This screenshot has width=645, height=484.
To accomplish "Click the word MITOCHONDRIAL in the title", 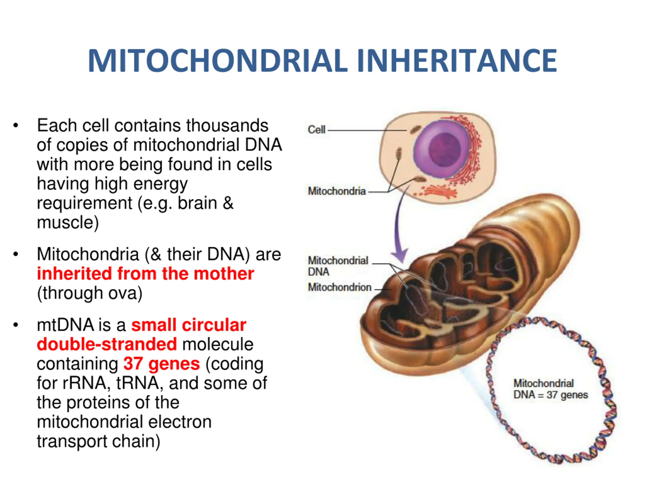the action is [217, 60].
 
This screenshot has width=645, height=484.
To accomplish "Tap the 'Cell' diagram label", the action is [316, 130].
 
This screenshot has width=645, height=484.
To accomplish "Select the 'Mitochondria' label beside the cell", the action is [337, 191].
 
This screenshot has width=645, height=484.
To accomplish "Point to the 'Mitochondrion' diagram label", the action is [340, 287].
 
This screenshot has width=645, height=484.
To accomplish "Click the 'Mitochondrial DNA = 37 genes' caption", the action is [551, 389].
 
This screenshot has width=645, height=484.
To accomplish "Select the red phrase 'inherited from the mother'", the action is [145, 274].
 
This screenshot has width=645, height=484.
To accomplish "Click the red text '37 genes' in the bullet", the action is [162, 364].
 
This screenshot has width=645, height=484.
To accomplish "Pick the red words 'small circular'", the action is [189, 325].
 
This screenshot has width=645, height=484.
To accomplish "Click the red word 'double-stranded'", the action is [107, 344].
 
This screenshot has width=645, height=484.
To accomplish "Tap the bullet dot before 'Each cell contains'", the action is [16, 126].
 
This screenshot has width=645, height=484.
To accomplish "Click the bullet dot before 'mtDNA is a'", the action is [16, 325].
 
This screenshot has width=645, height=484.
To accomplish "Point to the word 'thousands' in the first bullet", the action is [227, 126].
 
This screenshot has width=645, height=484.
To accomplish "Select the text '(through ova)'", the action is [90, 293].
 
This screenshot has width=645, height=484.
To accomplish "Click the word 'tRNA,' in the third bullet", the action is [138, 383].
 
